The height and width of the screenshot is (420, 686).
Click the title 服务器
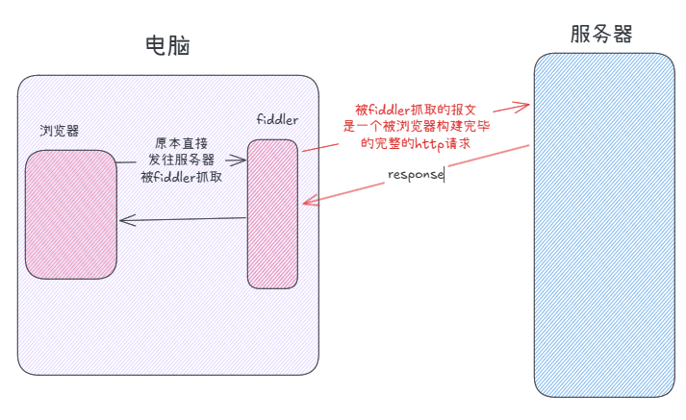click(x=601, y=35)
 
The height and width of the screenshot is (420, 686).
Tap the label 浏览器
click(x=59, y=131)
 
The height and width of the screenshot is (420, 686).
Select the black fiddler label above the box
click(x=277, y=119)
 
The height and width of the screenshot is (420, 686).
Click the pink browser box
click(x=71, y=213)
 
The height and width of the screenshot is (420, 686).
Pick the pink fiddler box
click(x=273, y=212)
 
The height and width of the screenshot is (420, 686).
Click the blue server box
click(x=604, y=223)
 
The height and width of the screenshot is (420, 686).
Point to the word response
click(x=416, y=175)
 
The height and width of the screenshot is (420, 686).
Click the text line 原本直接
click(x=182, y=143)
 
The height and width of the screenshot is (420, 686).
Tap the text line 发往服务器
click(x=182, y=160)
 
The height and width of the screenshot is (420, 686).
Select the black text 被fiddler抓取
click(x=182, y=176)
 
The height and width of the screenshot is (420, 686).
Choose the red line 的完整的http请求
click(x=416, y=143)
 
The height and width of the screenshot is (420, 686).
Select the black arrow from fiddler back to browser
click(x=183, y=220)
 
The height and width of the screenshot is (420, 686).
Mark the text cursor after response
click(x=445, y=175)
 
